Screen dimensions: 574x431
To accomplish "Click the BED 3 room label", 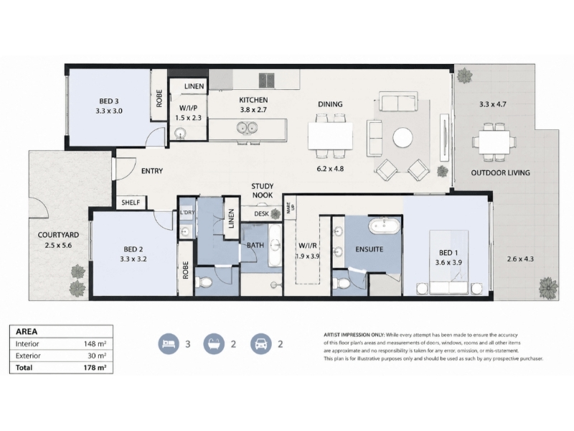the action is point(109,101).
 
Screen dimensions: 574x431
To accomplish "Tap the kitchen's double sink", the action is point(247,128).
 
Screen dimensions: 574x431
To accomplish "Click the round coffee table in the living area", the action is point(403,138).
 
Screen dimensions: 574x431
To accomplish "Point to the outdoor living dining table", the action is point(494,142).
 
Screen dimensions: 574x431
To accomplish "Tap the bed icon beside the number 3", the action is point(169,344).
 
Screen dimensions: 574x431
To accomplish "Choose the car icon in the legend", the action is point(261,344).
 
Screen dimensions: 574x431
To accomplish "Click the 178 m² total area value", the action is point(95,368).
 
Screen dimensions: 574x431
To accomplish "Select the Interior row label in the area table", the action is point(27,344).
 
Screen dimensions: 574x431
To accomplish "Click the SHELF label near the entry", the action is point(131,203).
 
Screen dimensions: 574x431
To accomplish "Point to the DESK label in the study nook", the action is point(261,213).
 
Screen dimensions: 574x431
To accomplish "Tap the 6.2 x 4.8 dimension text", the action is point(330,169).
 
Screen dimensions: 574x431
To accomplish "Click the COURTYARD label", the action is point(58,235).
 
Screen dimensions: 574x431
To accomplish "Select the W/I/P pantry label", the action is point(188,108).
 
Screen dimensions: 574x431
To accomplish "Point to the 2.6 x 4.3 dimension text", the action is point(520,259).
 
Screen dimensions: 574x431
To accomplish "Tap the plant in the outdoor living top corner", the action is point(464,75).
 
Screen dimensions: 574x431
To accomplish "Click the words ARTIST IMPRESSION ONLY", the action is point(354,335).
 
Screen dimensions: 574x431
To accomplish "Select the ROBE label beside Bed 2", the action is point(186,270).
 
